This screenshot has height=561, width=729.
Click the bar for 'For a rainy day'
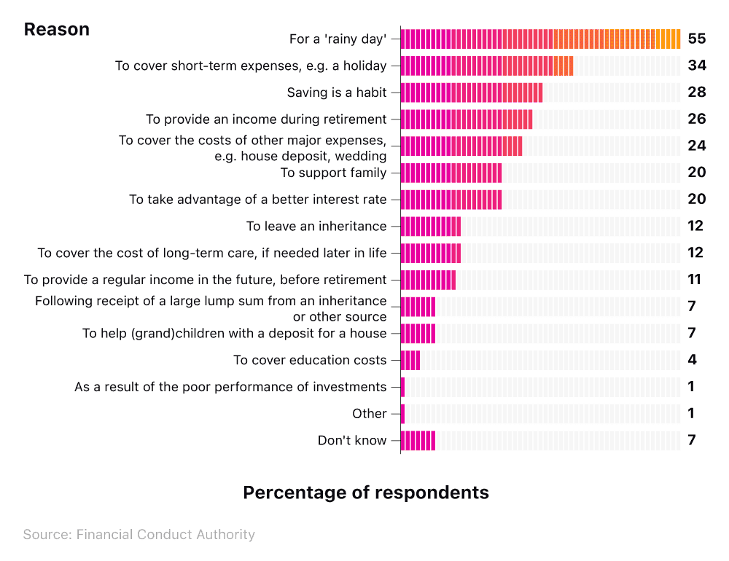pos(540,39)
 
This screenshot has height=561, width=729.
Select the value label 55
pos(696,39)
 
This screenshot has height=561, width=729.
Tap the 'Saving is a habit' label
pos(336,93)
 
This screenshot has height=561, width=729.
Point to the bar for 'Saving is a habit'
pos(471,93)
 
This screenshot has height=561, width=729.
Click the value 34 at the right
pos(696,66)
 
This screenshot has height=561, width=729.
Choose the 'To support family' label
pos(333,173)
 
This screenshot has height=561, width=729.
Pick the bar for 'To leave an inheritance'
pos(430,227)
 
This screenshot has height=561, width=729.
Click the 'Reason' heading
pos(57,29)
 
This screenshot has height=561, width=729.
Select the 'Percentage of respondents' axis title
pos(365,493)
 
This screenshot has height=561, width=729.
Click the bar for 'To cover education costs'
pos(410,360)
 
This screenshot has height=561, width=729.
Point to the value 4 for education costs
pos(692,360)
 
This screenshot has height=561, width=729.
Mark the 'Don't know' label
pos(351,440)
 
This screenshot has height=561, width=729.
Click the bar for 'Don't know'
pos(418,440)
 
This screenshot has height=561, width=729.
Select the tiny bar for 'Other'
pos(402,414)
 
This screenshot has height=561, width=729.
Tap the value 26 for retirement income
pos(696,119)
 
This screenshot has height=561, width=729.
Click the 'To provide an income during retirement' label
pos(265,119)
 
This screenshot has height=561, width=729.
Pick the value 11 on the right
pos(694,280)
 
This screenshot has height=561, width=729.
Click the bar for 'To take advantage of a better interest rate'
pos(451,200)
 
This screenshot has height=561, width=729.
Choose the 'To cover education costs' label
pos(309,360)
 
